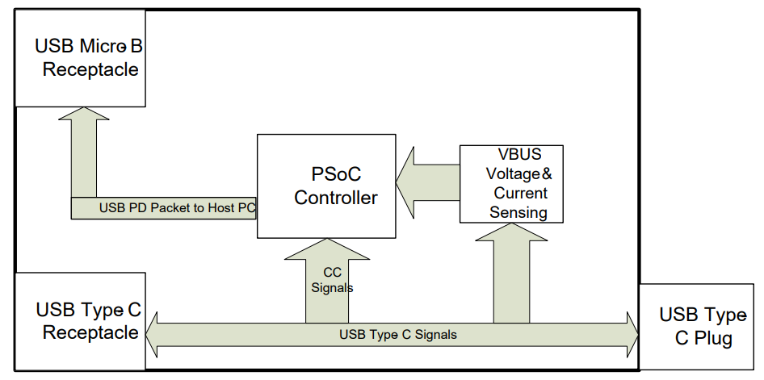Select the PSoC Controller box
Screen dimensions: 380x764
326,186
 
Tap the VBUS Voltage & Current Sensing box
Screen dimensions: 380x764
511,183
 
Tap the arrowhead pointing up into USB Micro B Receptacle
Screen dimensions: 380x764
84,115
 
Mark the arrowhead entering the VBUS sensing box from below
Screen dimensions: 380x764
511,232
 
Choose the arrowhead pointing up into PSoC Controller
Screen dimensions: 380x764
327,249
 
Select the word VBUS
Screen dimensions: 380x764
518,154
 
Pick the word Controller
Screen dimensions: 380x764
336,198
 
